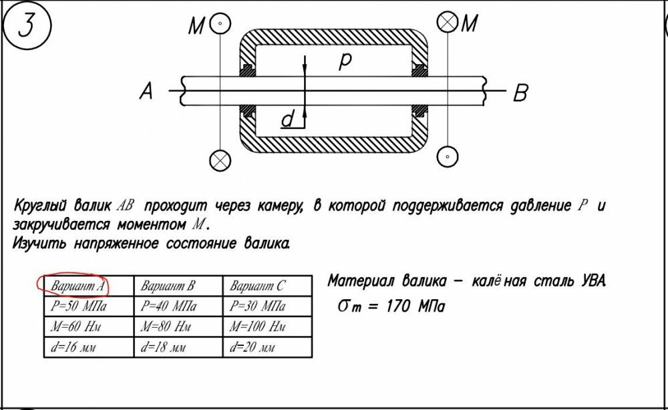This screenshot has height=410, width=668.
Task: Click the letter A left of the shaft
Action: [x=146, y=92]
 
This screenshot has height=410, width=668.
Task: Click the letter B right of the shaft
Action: [x=520, y=94]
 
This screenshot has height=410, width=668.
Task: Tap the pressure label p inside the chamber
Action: [x=345, y=61]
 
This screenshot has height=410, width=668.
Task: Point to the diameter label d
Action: [x=288, y=120]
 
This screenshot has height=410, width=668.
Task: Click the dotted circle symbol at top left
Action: [x=218, y=24]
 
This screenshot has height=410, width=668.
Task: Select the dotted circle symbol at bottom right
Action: [x=446, y=157]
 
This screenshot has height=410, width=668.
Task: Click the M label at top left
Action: [x=196, y=26]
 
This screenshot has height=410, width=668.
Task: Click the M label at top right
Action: [x=470, y=24]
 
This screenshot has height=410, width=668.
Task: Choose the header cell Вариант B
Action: [x=168, y=286]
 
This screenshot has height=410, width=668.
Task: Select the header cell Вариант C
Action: [x=257, y=286]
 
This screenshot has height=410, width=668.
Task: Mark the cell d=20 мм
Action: [x=252, y=348]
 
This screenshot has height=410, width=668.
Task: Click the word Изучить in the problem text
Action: [x=41, y=243]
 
